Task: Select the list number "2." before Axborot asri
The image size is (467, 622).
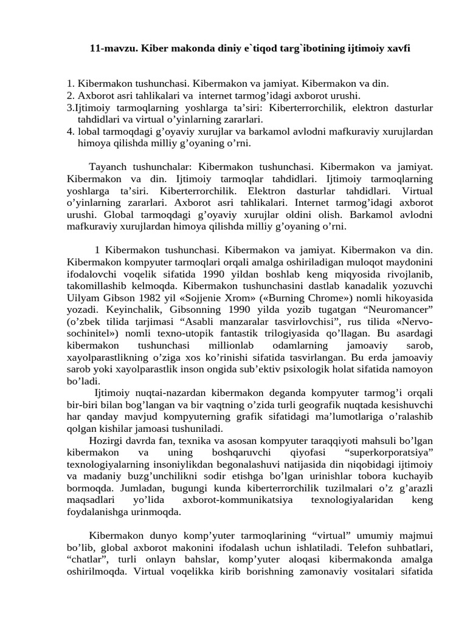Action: [71, 96]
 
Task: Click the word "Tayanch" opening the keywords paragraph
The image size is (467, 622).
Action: [106, 166]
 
